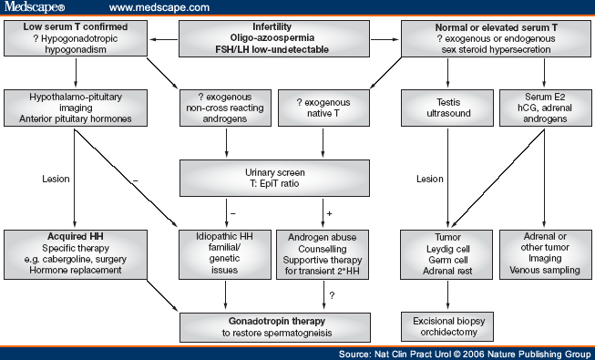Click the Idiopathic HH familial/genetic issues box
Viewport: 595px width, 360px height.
pyautogui.click(x=221, y=252)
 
